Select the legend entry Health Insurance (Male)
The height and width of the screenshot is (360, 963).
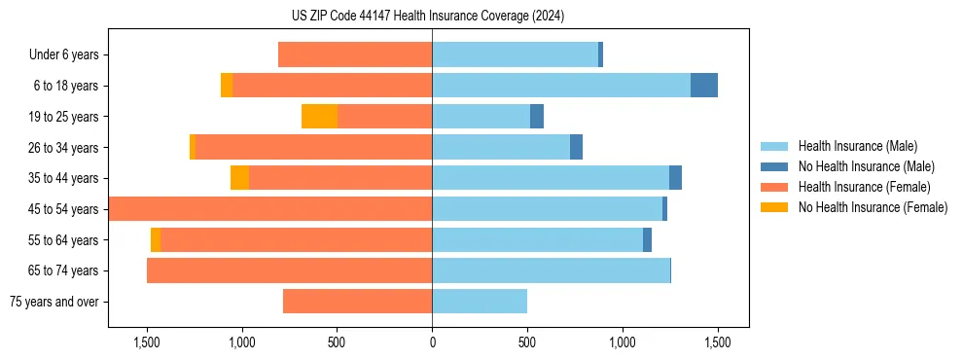tap(857, 146)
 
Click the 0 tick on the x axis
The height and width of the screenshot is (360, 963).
tap(432, 342)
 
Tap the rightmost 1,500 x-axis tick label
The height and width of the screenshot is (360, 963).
tap(717, 342)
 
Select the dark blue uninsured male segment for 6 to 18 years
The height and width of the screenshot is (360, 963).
tap(704, 86)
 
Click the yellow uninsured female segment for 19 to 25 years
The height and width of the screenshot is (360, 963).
tap(319, 117)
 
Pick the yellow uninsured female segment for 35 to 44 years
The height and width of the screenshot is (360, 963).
tap(239, 178)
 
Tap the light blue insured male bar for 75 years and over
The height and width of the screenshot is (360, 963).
tap(480, 302)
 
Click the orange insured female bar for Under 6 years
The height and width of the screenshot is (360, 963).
tap(355, 55)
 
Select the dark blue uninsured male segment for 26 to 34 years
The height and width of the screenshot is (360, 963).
tap(576, 148)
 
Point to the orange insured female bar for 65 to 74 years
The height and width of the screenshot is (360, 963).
tap(289, 270)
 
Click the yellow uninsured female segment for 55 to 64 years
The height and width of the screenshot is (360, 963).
tap(156, 240)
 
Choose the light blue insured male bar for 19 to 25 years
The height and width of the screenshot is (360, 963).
tap(481, 117)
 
